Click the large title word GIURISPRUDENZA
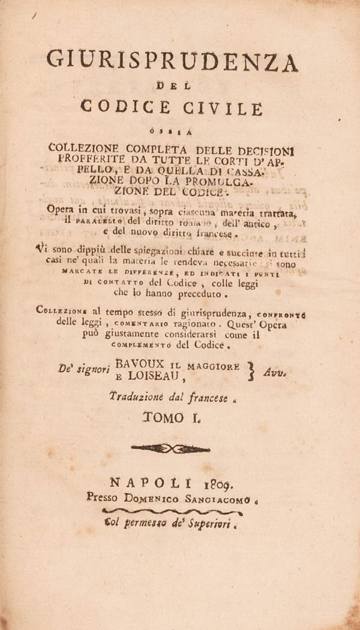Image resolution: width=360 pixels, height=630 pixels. click(x=172, y=62)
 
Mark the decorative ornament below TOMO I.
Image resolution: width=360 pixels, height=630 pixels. click(x=169, y=447)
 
